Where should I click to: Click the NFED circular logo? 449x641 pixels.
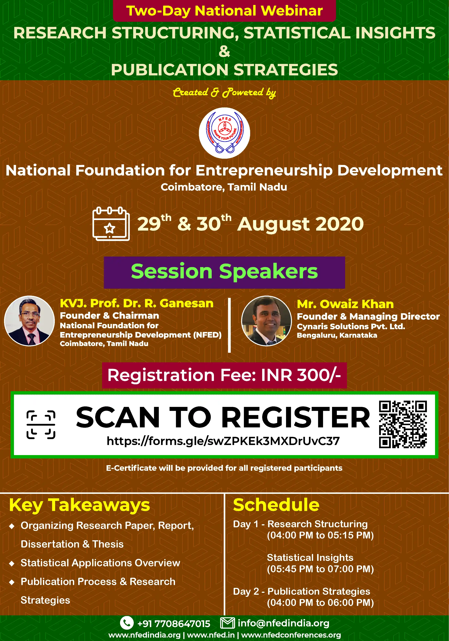click(224, 133)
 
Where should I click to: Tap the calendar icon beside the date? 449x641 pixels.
click(111, 224)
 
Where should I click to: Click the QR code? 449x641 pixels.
click(403, 424)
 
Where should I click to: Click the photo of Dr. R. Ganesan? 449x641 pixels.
click(29, 321)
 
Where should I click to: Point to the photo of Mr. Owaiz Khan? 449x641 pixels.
click(266, 321)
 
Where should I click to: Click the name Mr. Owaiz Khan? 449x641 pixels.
click(345, 304)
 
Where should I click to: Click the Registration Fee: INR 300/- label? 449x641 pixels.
click(224, 375)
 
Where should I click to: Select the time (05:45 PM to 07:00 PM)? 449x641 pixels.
click(320, 569)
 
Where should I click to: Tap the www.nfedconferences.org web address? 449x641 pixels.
click(291, 635)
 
